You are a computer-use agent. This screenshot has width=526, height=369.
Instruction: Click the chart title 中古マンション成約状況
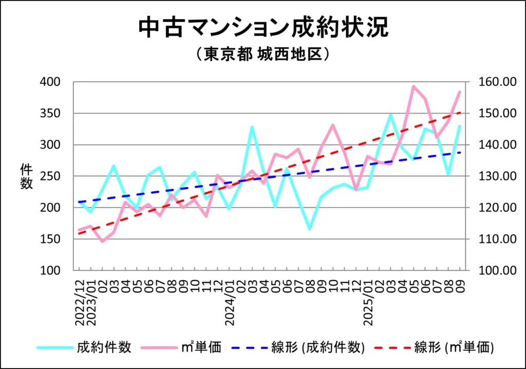click(x=263, y=28)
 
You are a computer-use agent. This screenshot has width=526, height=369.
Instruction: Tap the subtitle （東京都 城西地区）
click(x=262, y=55)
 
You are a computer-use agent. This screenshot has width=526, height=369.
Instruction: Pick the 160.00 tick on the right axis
click(x=495, y=82)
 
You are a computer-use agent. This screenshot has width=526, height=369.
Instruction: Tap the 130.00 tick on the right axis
click(x=495, y=176)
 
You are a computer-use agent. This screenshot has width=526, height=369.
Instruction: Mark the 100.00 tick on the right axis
click(x=495, y=270)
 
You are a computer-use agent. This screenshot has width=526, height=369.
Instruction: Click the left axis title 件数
click(x=27, y=176)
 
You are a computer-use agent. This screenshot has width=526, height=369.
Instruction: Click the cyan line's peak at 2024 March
click(x=252, y=126)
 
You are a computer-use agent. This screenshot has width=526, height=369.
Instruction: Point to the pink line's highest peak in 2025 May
click(x=414, y=86)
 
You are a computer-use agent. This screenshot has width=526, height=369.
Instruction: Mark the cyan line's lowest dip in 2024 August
click(x=310, y=229)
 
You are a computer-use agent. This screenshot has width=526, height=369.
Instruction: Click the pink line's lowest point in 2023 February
click(x=103, y=241)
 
